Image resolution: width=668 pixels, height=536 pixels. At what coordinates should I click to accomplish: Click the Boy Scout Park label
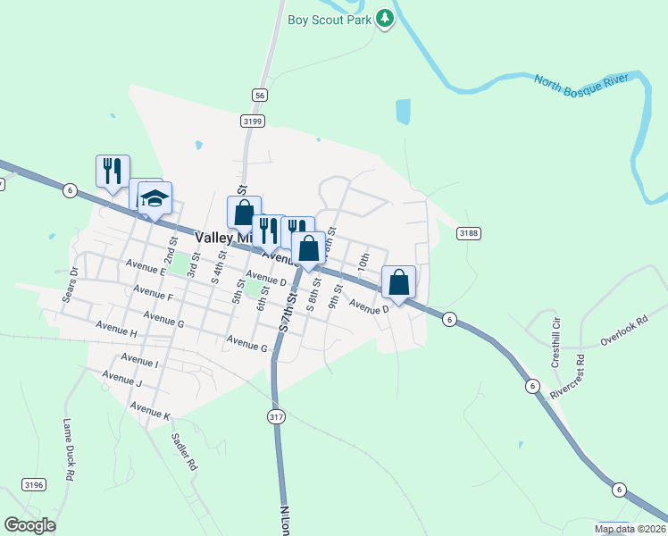click(330, 20)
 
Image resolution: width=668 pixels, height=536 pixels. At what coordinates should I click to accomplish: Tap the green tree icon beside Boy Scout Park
click(385, 18)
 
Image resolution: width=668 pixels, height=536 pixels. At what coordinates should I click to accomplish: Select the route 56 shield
click(259, 95)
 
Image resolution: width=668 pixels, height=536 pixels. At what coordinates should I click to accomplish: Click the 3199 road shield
click(251, 120)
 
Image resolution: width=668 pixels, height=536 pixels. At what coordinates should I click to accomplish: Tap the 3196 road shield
click(33, 484)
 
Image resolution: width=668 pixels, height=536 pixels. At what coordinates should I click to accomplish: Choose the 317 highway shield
click(276, 417)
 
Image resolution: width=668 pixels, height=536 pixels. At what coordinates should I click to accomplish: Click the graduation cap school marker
click(154, 198)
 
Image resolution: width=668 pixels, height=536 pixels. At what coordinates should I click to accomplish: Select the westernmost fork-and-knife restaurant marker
click(113, 170)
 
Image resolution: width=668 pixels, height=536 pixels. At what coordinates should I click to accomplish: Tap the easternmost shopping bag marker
click(399, 281)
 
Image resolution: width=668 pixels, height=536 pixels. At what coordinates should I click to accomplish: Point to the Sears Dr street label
click(70, 284)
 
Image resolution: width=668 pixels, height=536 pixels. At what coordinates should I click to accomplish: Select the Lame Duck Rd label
click(68, 450)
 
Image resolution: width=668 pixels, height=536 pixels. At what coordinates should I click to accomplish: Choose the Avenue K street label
click(149, 410)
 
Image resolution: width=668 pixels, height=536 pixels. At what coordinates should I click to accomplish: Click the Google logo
click(29, 525)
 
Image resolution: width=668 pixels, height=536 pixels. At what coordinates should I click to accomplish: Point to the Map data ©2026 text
click(630, 529)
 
